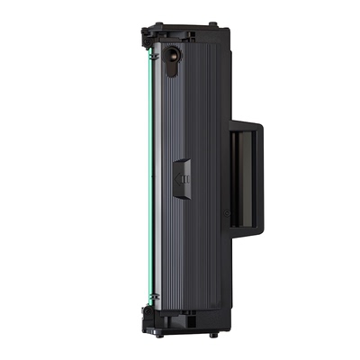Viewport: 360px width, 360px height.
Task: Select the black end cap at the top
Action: click(x=180, y=36)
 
